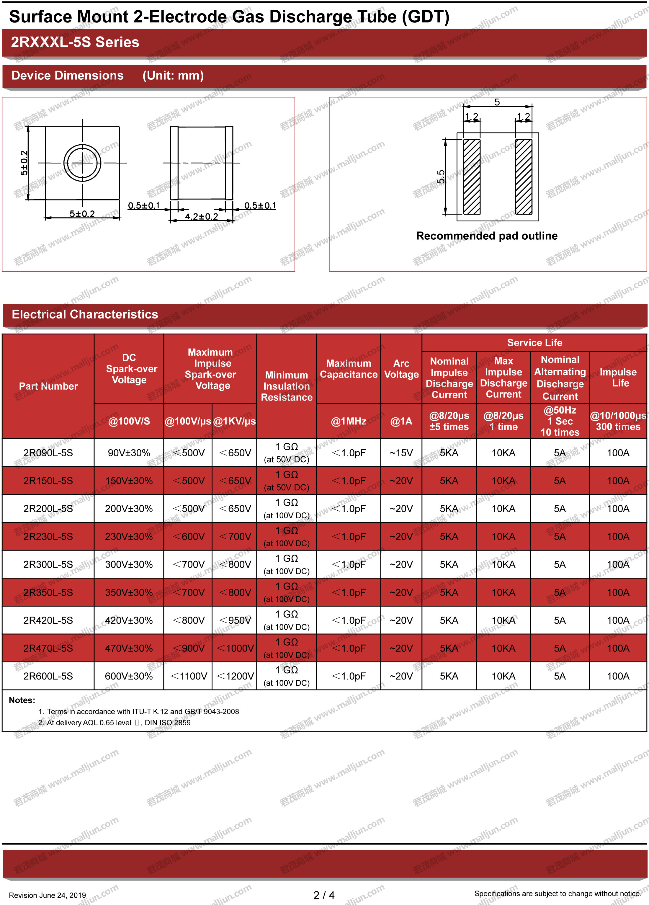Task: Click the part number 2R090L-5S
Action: click(48, 453)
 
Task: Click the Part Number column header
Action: click(48, 386)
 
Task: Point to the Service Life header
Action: click(534, 343)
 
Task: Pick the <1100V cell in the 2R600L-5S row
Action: click(188, 676)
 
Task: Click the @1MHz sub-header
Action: click(348, 422)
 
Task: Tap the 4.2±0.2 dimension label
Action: click(202, 216)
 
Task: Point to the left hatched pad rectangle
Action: click(472, 177)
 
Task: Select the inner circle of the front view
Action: click(82, 163)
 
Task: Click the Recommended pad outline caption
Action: click(487, 236)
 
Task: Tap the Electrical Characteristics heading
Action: click(85, 314)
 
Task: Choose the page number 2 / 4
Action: click(324, 896)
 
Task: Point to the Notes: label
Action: click(22, 700)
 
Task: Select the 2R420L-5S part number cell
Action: click(48, 620)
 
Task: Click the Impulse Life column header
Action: click(618, 378)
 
